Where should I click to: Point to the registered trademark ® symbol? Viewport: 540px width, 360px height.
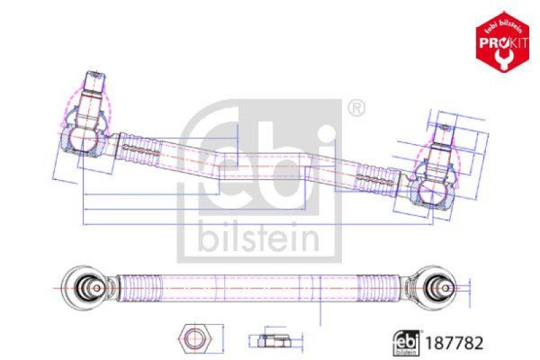click(356, 108)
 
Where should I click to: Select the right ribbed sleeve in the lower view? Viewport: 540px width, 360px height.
click(383, 288)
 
